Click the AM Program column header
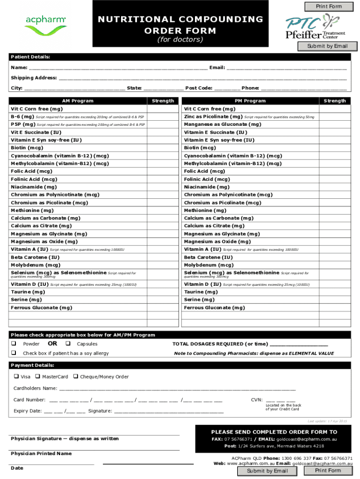coord(78,101)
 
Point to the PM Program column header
coord(250,101)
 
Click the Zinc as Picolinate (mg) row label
coord(213,116)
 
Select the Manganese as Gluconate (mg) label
coord(223,124)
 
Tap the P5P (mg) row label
coord(23,124)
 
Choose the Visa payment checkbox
coord(16,377)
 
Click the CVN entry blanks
coord(281,400)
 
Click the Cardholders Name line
coord(177,389)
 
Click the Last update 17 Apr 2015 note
coord(327,421)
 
